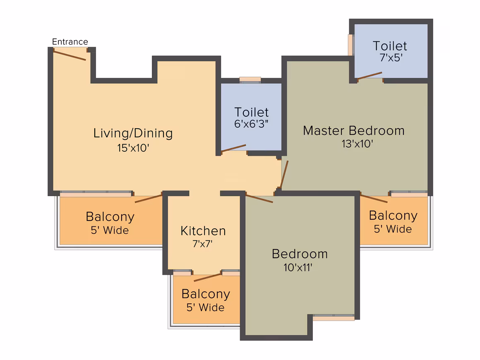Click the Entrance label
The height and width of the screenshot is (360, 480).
pos(70,42)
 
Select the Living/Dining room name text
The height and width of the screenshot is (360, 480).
pos(133,133)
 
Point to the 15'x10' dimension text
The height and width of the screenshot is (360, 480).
pos(133,148)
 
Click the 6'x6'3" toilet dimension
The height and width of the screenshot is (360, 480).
pos(252,123)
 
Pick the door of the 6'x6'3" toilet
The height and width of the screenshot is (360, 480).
pos(234,148)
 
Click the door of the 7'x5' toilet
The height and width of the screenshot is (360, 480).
pos(370,75)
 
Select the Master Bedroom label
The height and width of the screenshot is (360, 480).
pos(354,131)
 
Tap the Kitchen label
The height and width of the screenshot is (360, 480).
pos(203,231)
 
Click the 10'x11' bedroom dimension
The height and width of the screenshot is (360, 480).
pos(298,267)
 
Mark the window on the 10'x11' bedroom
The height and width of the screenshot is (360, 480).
pos(334,318)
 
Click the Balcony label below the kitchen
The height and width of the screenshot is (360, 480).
pos(206,294)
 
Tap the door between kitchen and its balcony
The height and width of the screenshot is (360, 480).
pos(208,277)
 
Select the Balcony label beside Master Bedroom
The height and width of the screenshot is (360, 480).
pos(393,216)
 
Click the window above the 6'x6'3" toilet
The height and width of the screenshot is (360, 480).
pos(250,79)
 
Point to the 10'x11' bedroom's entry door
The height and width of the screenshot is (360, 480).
pos(259,198)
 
